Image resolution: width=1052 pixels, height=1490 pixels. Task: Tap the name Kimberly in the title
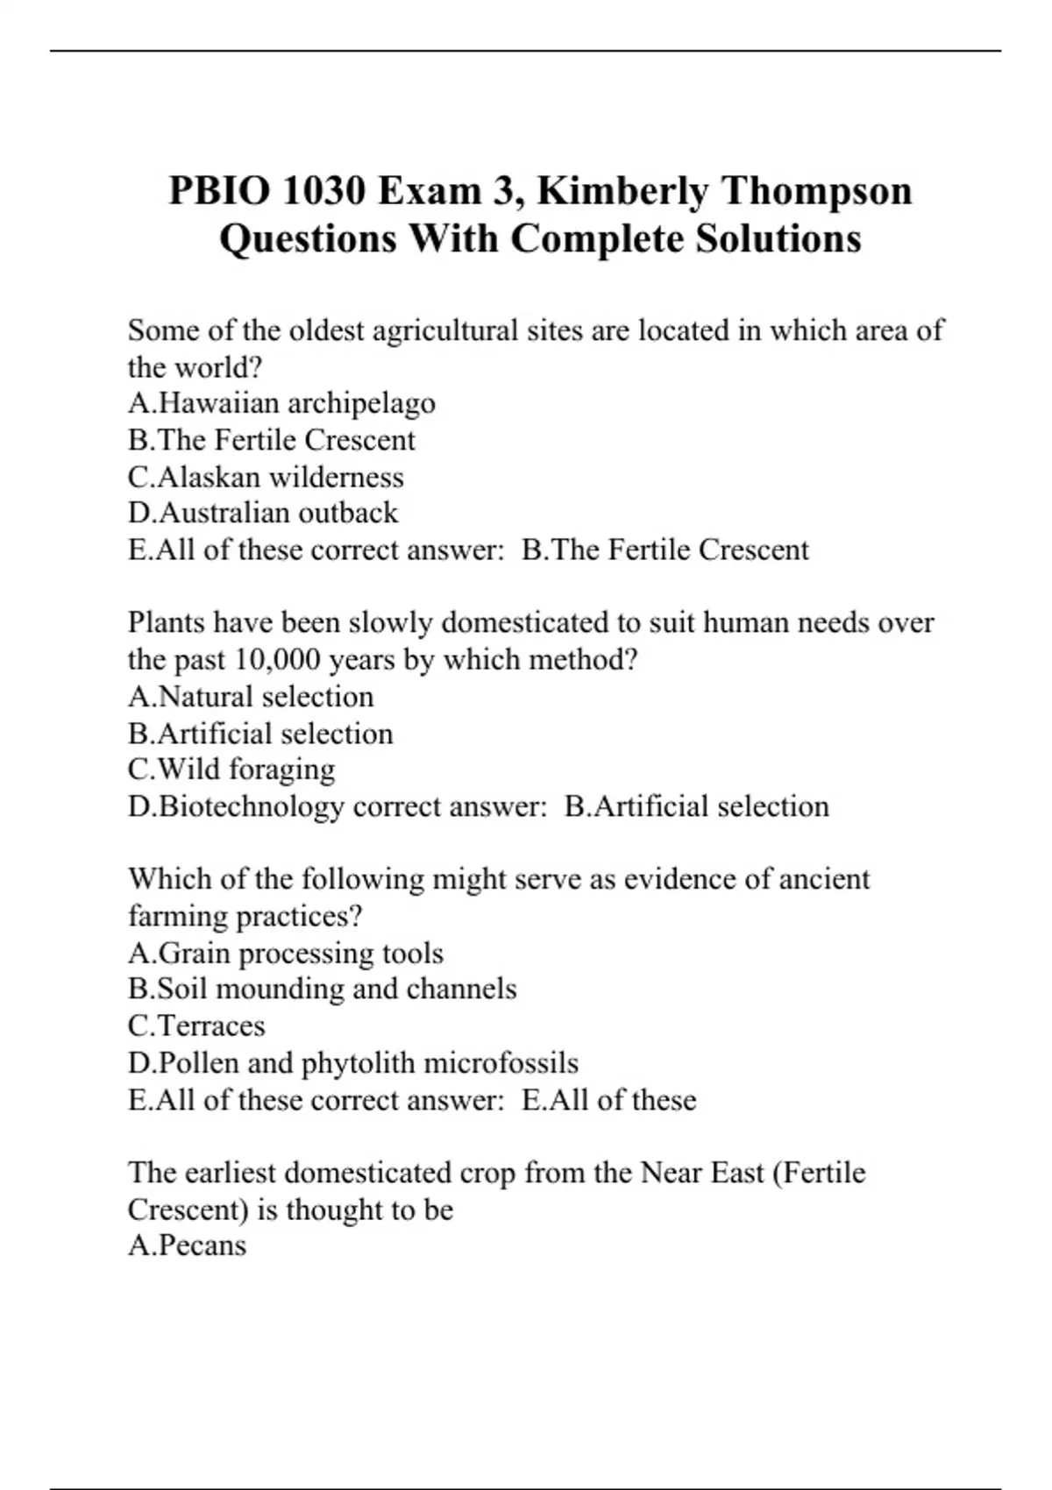(622, 191)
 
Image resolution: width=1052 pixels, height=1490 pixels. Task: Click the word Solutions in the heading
(778, 238)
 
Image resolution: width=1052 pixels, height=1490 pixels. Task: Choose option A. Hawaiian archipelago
(281, 403)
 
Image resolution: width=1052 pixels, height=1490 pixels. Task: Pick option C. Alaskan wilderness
(266, 477)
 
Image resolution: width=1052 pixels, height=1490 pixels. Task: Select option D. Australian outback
(263, 513)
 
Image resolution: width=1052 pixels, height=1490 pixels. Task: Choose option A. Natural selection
(251, 697)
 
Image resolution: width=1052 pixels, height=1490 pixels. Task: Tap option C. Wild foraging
(231, 770)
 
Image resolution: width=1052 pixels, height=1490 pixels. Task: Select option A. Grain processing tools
(286, 953)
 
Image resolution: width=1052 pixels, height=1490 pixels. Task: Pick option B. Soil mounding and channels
(323, 990)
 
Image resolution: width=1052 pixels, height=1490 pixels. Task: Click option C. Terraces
(196, 1026)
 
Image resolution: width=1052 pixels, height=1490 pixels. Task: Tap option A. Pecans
(188, 1245)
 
